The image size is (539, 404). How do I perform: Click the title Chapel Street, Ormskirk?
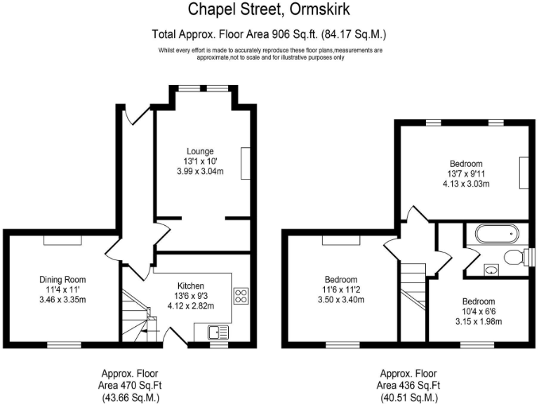(x=269, y=10)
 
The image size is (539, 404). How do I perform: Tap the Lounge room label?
(x=200, y=151)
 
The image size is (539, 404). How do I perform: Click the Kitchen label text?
(x=191, y=285)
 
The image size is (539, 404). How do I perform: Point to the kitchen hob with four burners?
(x=241, y=296)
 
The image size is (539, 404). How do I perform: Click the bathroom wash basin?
(x=491, y=269)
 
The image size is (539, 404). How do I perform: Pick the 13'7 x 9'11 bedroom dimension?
(x=465, y=174)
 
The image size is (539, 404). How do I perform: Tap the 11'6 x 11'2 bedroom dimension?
(x=341, y=289)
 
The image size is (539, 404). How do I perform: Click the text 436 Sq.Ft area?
(x=409, y=385)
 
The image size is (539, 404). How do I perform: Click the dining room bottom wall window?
(x=58, y=344)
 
